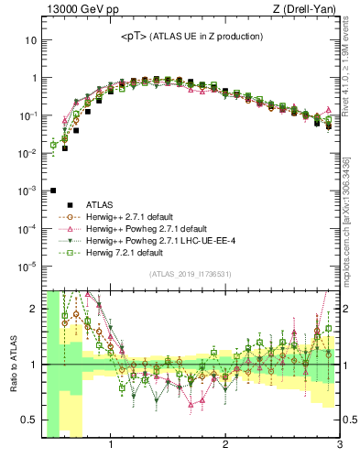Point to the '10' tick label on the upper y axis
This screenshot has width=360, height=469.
click(x=30, y=40)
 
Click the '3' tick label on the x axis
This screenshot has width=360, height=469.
click(x=338, y=444)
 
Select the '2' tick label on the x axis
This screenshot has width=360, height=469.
click(x=225, y=444)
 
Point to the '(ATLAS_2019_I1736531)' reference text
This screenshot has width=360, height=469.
click(x=190, y=275)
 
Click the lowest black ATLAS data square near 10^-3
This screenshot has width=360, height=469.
click(x=53, y=191)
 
